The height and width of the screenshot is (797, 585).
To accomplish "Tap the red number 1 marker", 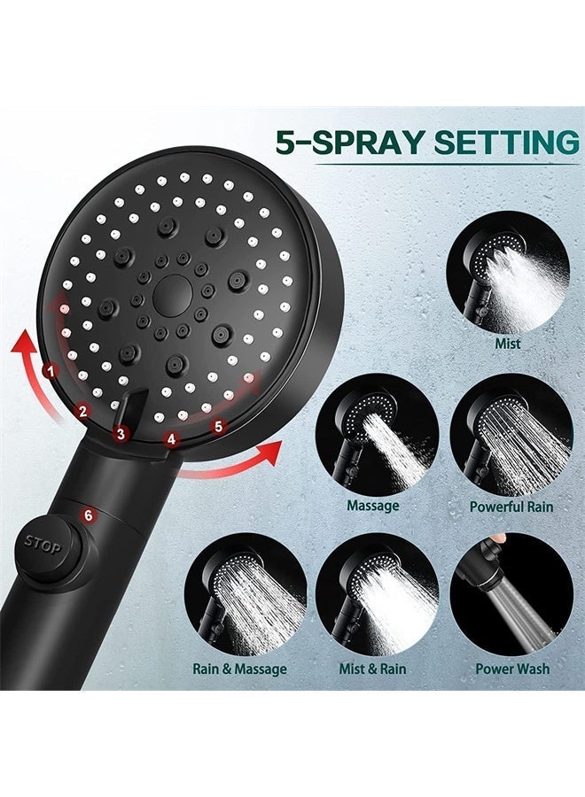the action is point(50,371).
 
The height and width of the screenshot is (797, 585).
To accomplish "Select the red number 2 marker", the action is point(83,411).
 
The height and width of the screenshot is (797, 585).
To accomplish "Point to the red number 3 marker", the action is point(121,434).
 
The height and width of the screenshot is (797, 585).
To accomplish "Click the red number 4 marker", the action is point(171,439).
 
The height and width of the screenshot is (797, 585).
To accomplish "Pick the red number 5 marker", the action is point(219,426).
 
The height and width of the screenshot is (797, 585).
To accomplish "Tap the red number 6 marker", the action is point(89,515).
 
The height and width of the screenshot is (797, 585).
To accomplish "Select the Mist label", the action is point(508,344).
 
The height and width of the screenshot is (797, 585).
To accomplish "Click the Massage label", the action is point(373,506).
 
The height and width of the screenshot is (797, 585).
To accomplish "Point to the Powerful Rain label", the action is point(511,507).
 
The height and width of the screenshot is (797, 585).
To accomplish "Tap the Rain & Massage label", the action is point(239,669).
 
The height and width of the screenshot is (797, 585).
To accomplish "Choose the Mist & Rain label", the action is point(373,669).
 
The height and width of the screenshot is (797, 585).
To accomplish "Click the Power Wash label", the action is point(512,669).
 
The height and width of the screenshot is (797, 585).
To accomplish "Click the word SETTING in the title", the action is point(506,142).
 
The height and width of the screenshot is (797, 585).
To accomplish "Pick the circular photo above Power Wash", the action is point(511,594).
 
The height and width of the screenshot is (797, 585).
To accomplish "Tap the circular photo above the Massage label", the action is point(377,435).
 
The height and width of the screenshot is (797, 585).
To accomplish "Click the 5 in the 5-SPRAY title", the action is point(286,142).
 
